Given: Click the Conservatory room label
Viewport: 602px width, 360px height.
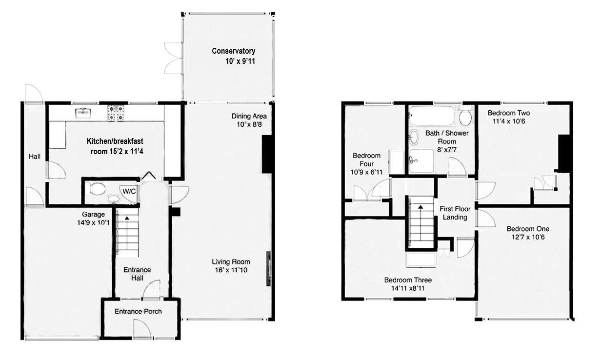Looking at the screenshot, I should (233, 51).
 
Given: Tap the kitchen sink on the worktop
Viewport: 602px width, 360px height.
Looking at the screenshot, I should (83, 114).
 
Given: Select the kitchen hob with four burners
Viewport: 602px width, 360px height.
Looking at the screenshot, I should (116, 114).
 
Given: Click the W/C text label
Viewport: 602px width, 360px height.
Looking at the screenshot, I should (129, 191).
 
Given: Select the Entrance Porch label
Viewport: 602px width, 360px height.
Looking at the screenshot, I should (138, 311).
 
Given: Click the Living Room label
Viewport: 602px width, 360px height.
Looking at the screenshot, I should (231, 261).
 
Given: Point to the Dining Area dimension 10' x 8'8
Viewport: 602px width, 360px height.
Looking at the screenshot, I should (249, 124).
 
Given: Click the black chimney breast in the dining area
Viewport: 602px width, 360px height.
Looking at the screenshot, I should (268, 154).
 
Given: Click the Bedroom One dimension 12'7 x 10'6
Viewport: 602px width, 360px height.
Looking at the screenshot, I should (527, 238).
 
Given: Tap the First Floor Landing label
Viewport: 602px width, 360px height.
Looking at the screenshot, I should (454, 213).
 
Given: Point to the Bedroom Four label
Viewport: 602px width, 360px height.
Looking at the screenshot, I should (363, 160).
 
